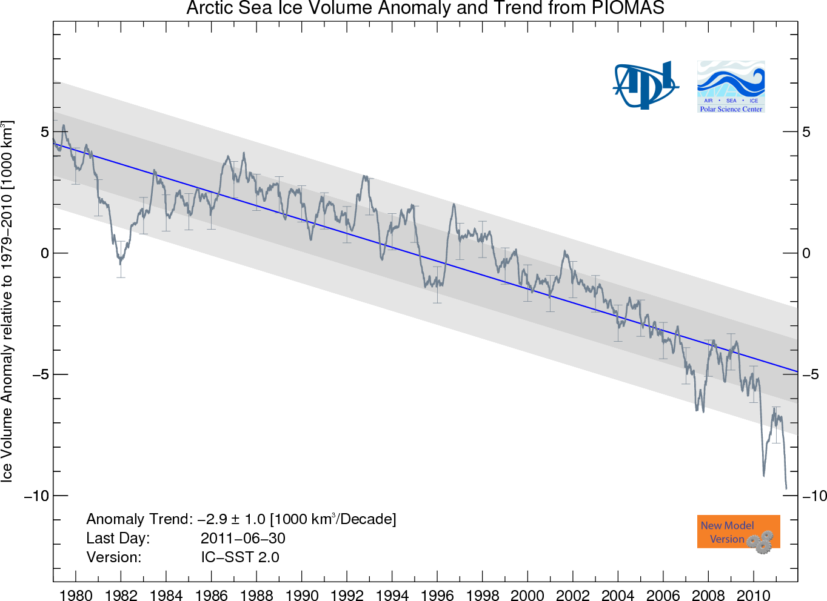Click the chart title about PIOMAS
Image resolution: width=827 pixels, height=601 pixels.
[x=425, y=8]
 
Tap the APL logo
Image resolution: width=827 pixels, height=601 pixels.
[x=645, y=85]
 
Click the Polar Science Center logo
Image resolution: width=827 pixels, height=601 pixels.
[x=731, y=87]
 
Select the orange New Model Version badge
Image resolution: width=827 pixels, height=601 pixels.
[x=738, y=532]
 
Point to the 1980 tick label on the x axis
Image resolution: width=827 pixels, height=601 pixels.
[x=76, y=594]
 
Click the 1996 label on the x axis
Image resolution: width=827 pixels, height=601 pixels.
[x=437, y=594]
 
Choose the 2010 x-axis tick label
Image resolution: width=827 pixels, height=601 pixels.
[x=754, y=594]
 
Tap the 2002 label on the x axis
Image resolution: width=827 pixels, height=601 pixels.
[x=573, y=594]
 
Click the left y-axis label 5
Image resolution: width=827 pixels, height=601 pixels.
[x=45, y=132]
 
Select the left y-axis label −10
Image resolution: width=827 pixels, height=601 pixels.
[x=37, y=496]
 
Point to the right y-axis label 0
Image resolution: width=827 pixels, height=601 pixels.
[x=806, y=253]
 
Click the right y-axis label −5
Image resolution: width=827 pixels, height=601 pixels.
[x=811, y=374]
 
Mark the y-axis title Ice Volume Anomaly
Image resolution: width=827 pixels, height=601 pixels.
[x=7, y=301]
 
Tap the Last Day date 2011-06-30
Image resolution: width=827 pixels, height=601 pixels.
[x=243, y=538]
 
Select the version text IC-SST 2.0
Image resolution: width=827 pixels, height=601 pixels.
[x=240, y=557]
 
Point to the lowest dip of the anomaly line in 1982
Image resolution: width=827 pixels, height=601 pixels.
[x=120, y=263]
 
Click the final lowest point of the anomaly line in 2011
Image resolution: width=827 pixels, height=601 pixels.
[x=786, y=488]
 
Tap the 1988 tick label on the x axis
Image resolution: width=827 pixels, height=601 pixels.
[x=256, y=594]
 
